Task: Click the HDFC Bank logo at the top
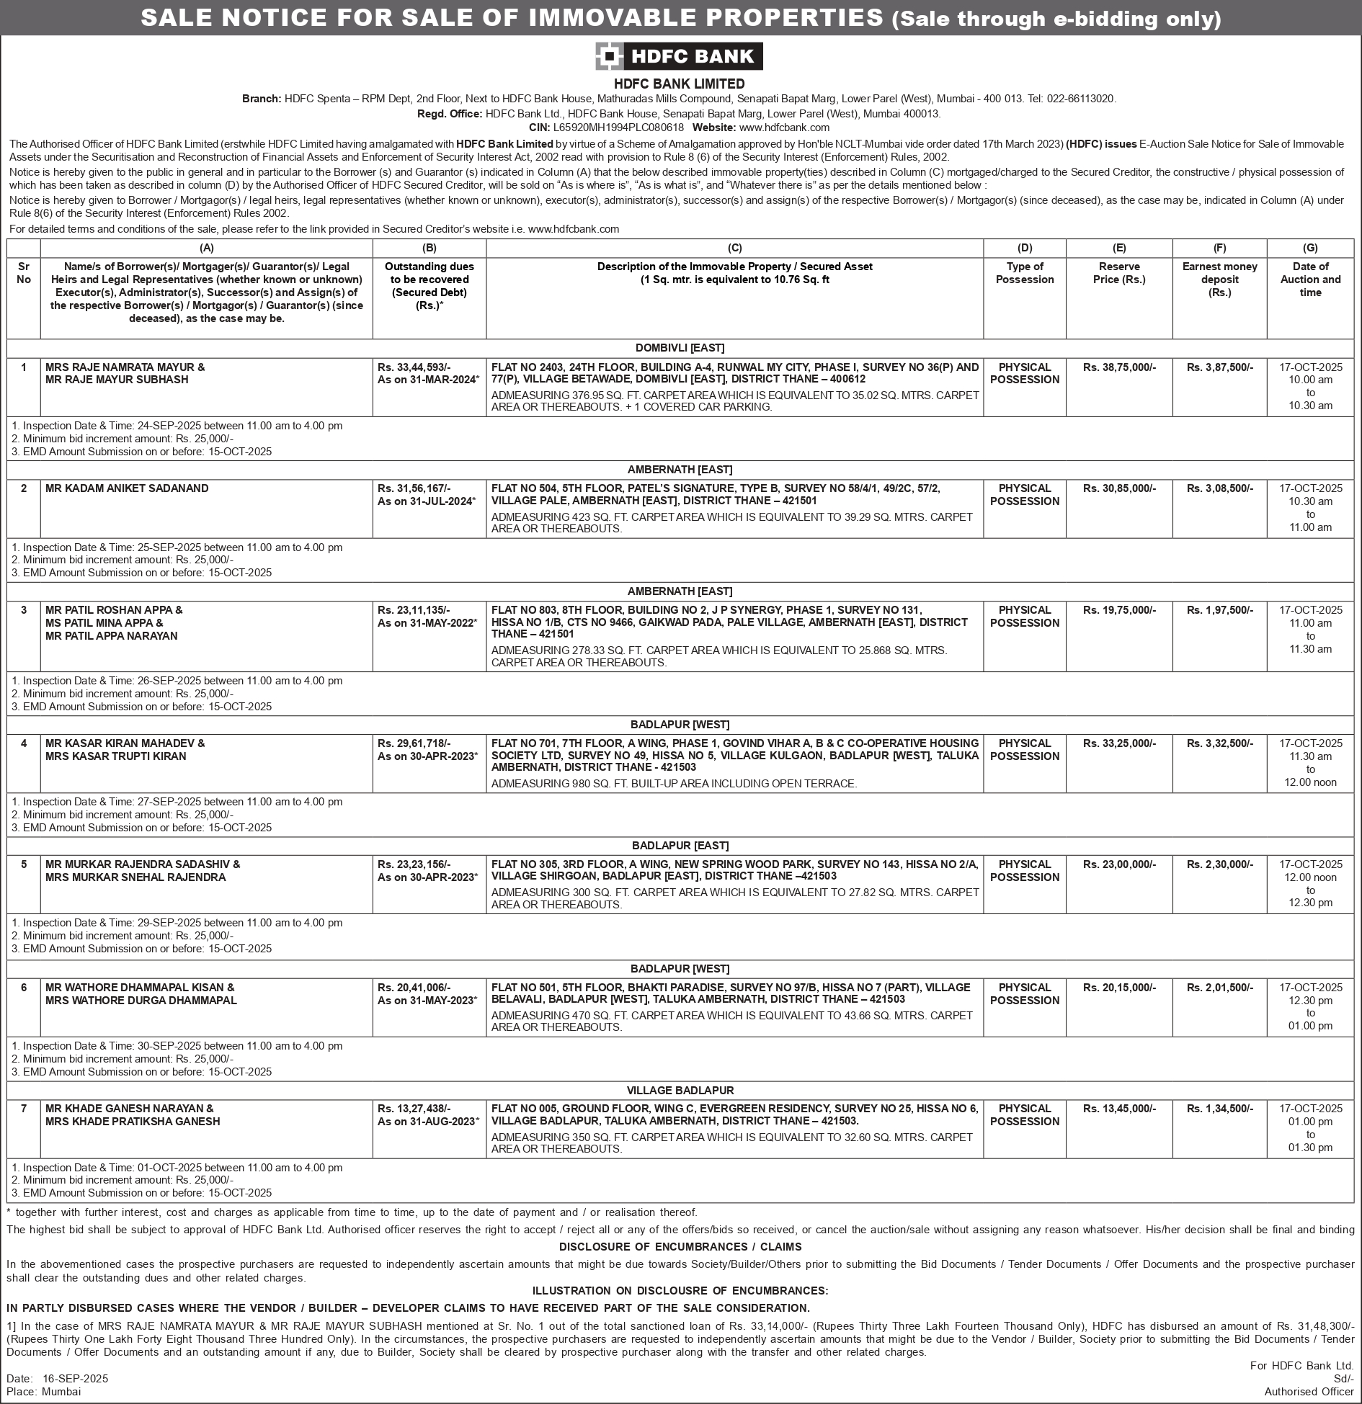pyautogui.click(x=679, y=56)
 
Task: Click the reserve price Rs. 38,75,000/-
pyautogui.click(x=1119, y=367)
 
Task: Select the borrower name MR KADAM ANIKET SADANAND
pyautogui.click(x=127, y=488)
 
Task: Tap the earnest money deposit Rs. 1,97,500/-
pyautogui.click(x=1220, y=610)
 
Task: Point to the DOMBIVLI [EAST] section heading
pyautogui.click(x=680, y=348)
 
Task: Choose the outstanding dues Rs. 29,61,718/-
pyautogui.click(x=414, y=743)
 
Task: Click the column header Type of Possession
pyautogui.click(x=1025, y=273)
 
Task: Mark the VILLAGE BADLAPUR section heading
pyautogui.click(x=680, y=1091)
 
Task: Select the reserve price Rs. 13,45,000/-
pyautogui.click(x=1119, y=1109)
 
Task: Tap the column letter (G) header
pyautogui.click(x=1310, y=248)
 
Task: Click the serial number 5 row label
pyautogui.click(x=24, y=864)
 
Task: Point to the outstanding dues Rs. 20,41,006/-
pyautogui.click(x=414, y=988)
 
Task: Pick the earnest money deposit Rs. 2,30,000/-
pyautogui.click(x=1220, y=864)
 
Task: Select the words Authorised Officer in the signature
pyautogui.click(x=1309, y=1392)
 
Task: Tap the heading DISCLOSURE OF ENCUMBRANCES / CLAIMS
pyautogui.click(x=680, y=1247)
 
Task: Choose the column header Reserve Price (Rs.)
pyautogui.click(x=1119, y=273)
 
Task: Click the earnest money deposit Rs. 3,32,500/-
pyautogui.click(x=1220, y=743)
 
